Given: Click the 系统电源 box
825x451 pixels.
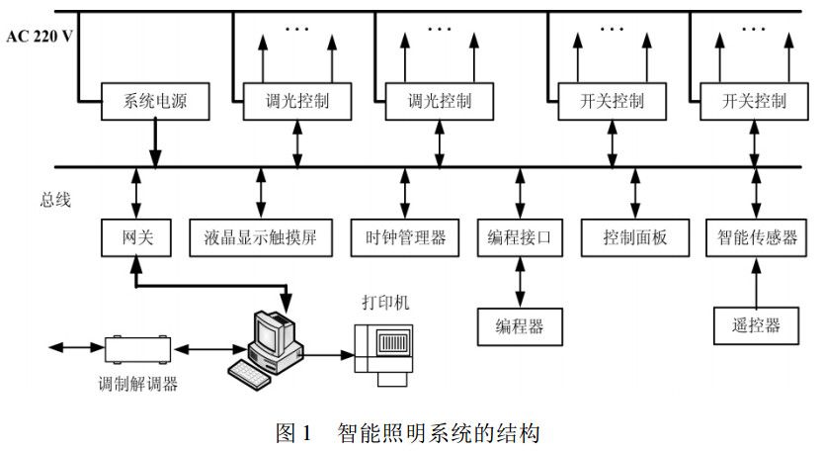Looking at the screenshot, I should (154, 101).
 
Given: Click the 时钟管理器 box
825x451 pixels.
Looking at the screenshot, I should (405, 236).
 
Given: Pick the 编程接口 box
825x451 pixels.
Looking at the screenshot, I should (519, 236).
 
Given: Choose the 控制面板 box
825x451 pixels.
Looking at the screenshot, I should (635, 236).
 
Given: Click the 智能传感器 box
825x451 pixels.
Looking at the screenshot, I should (757, 236).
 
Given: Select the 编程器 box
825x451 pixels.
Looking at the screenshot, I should (519, 323).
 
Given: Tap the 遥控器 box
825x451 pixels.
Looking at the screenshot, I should (757, 323).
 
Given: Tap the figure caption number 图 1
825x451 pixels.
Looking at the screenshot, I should (296, 432).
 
